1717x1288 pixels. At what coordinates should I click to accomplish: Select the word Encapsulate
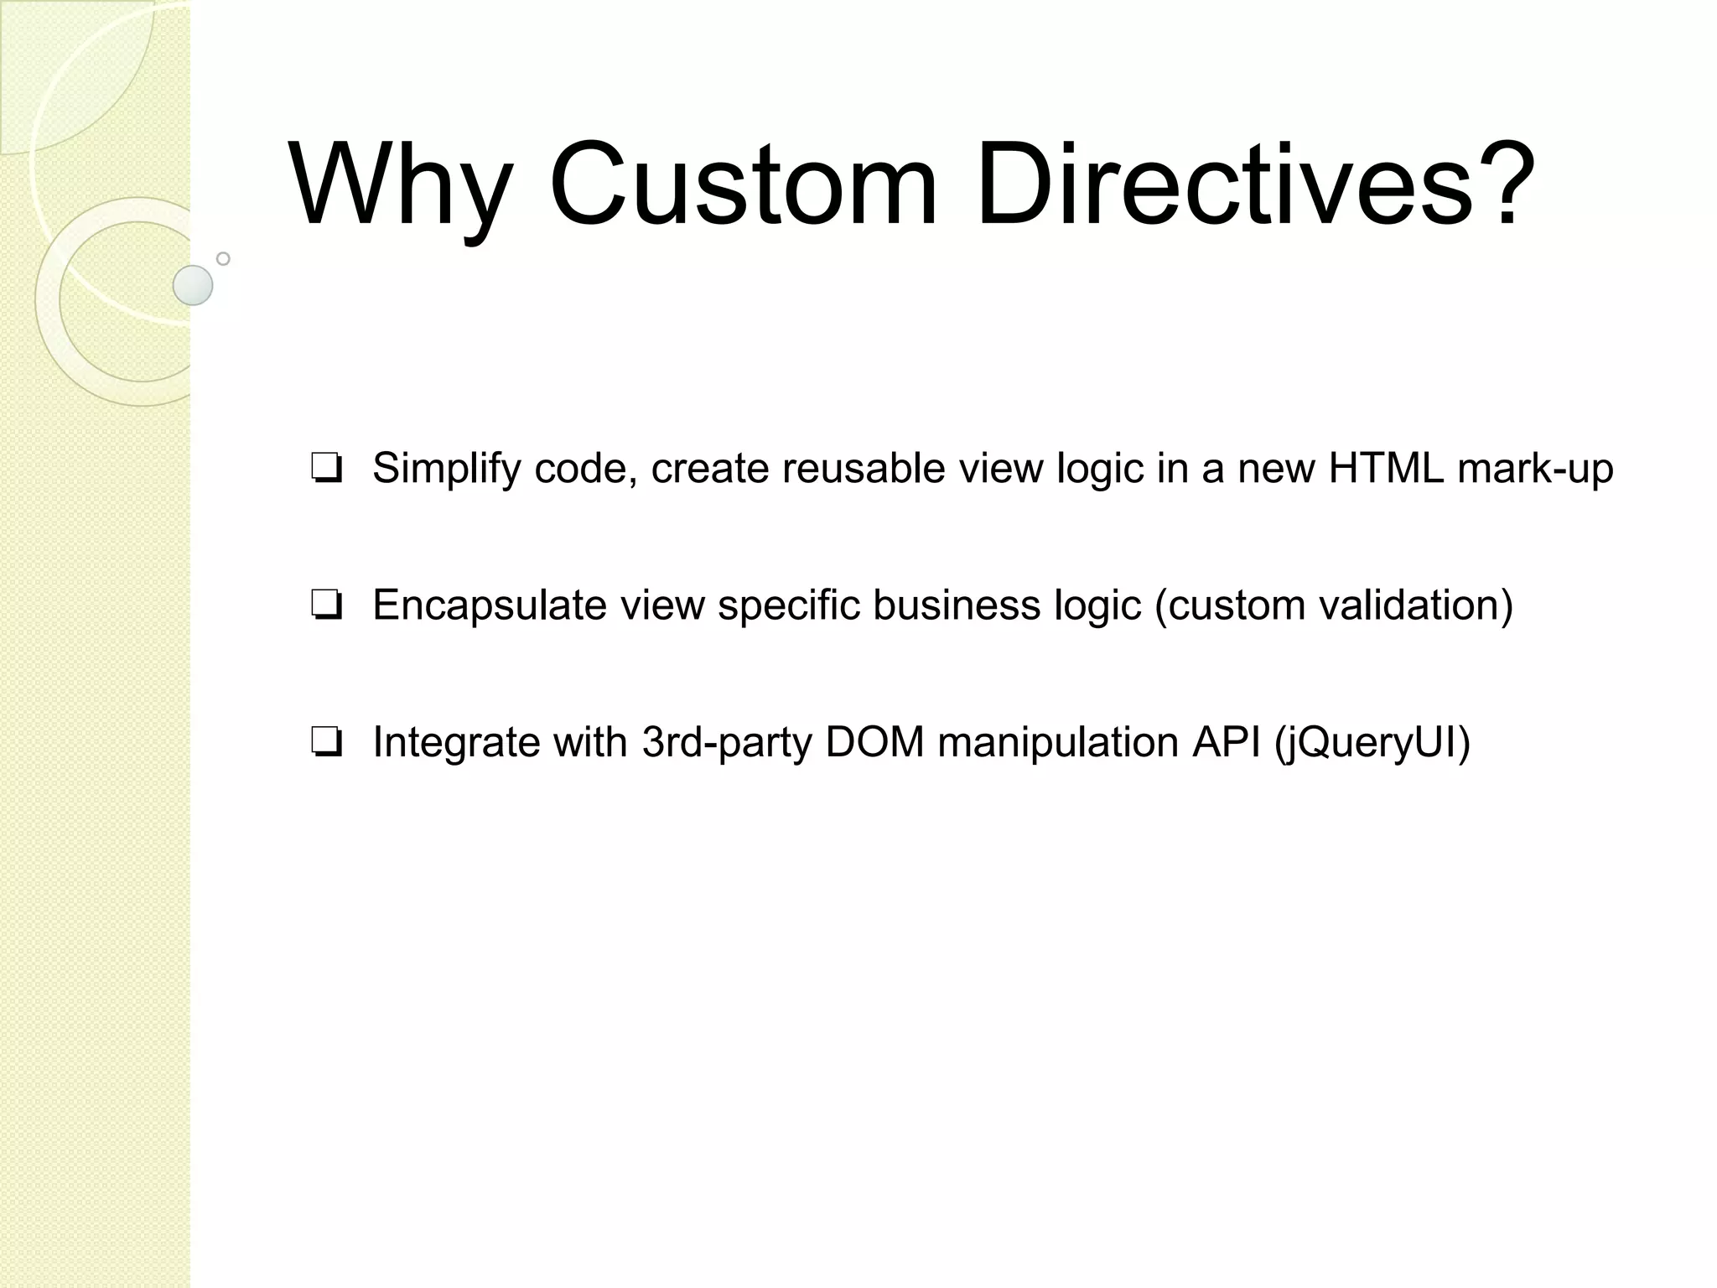(489, 605)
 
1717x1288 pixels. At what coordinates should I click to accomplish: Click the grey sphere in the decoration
(193, 285)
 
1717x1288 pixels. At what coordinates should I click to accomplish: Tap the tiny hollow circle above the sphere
(223, 258)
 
